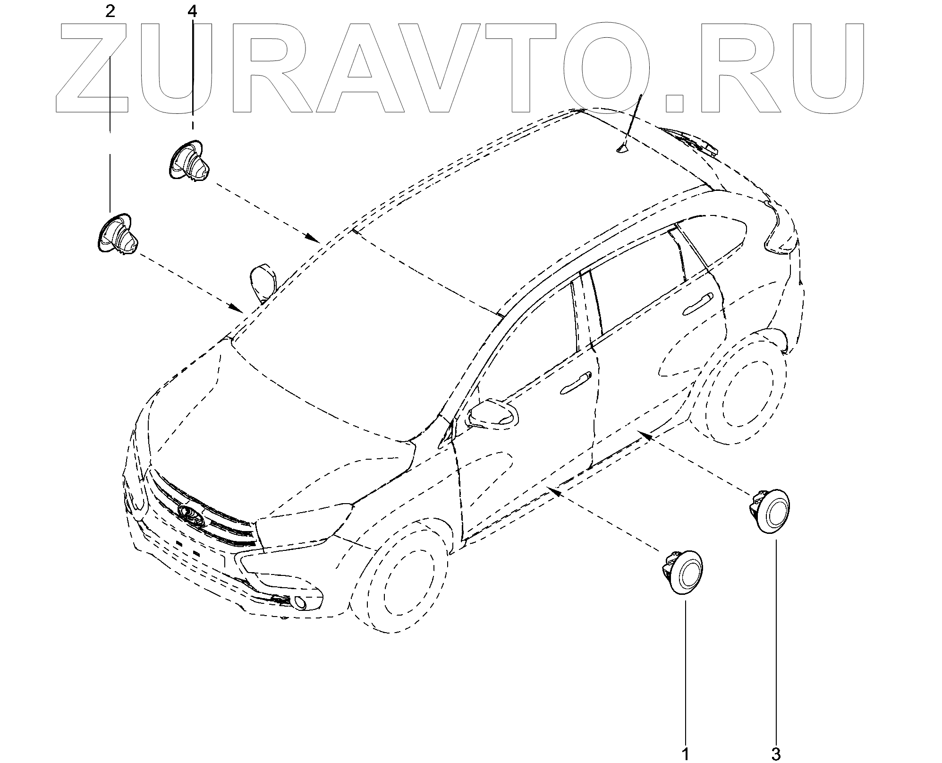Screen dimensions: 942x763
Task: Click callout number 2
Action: point(110,11)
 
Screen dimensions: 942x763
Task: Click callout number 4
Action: point(192,11)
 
